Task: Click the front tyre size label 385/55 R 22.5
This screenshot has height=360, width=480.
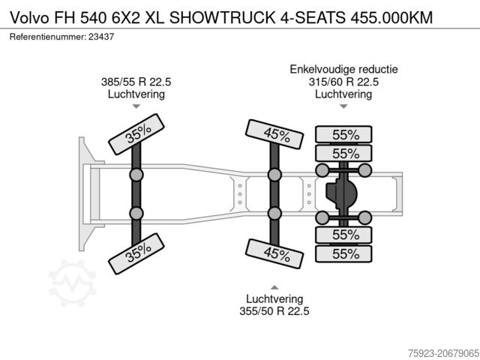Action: pos(136,82)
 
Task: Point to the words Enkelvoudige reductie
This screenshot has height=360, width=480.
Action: pos(343,70)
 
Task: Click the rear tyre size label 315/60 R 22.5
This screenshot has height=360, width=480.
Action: pos(343,82)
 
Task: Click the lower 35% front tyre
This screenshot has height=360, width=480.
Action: pos(137,254)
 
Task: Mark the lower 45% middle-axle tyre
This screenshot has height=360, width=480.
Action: pos(275,254)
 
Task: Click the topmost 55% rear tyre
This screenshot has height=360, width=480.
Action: pos(344,135)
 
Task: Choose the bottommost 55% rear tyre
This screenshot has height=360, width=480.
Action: pos(344,254)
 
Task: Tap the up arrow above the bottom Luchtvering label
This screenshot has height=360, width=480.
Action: pos(275,286)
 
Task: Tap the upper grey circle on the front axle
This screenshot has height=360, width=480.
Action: pos(137,175)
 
